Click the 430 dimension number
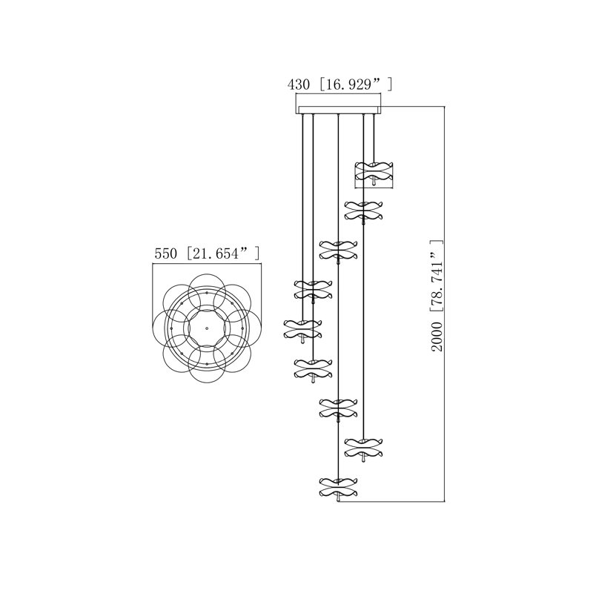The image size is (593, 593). pos(299,85)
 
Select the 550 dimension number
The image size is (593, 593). pos(165,254)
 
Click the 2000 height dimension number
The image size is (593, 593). pos(437,337)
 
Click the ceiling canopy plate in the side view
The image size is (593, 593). pos(338,110)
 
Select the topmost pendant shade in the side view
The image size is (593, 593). pos(374,173)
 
